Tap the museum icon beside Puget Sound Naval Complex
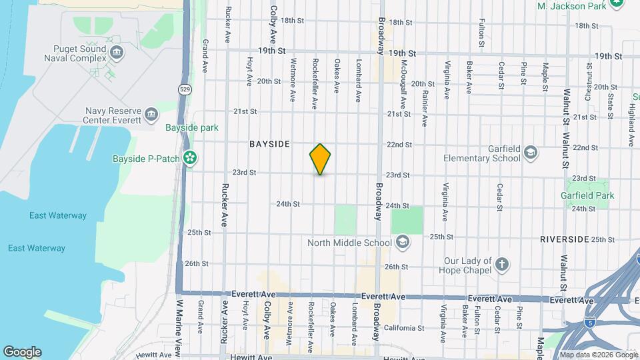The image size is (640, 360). coord(117,53)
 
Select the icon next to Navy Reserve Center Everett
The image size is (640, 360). coord(151,113)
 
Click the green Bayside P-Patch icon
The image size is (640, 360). coord(190,158)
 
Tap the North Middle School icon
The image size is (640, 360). coord(402,242)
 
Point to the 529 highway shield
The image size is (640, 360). coord(184,88)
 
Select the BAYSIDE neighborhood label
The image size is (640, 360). coord(270,144)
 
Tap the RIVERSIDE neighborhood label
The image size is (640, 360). coord(564,239)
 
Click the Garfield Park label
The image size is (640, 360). coord(587,195)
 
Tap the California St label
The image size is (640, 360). coord(403,328)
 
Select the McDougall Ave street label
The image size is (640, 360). coord(404,85)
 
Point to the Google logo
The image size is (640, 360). coord(22,352)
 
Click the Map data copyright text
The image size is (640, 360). coord(599,355)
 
